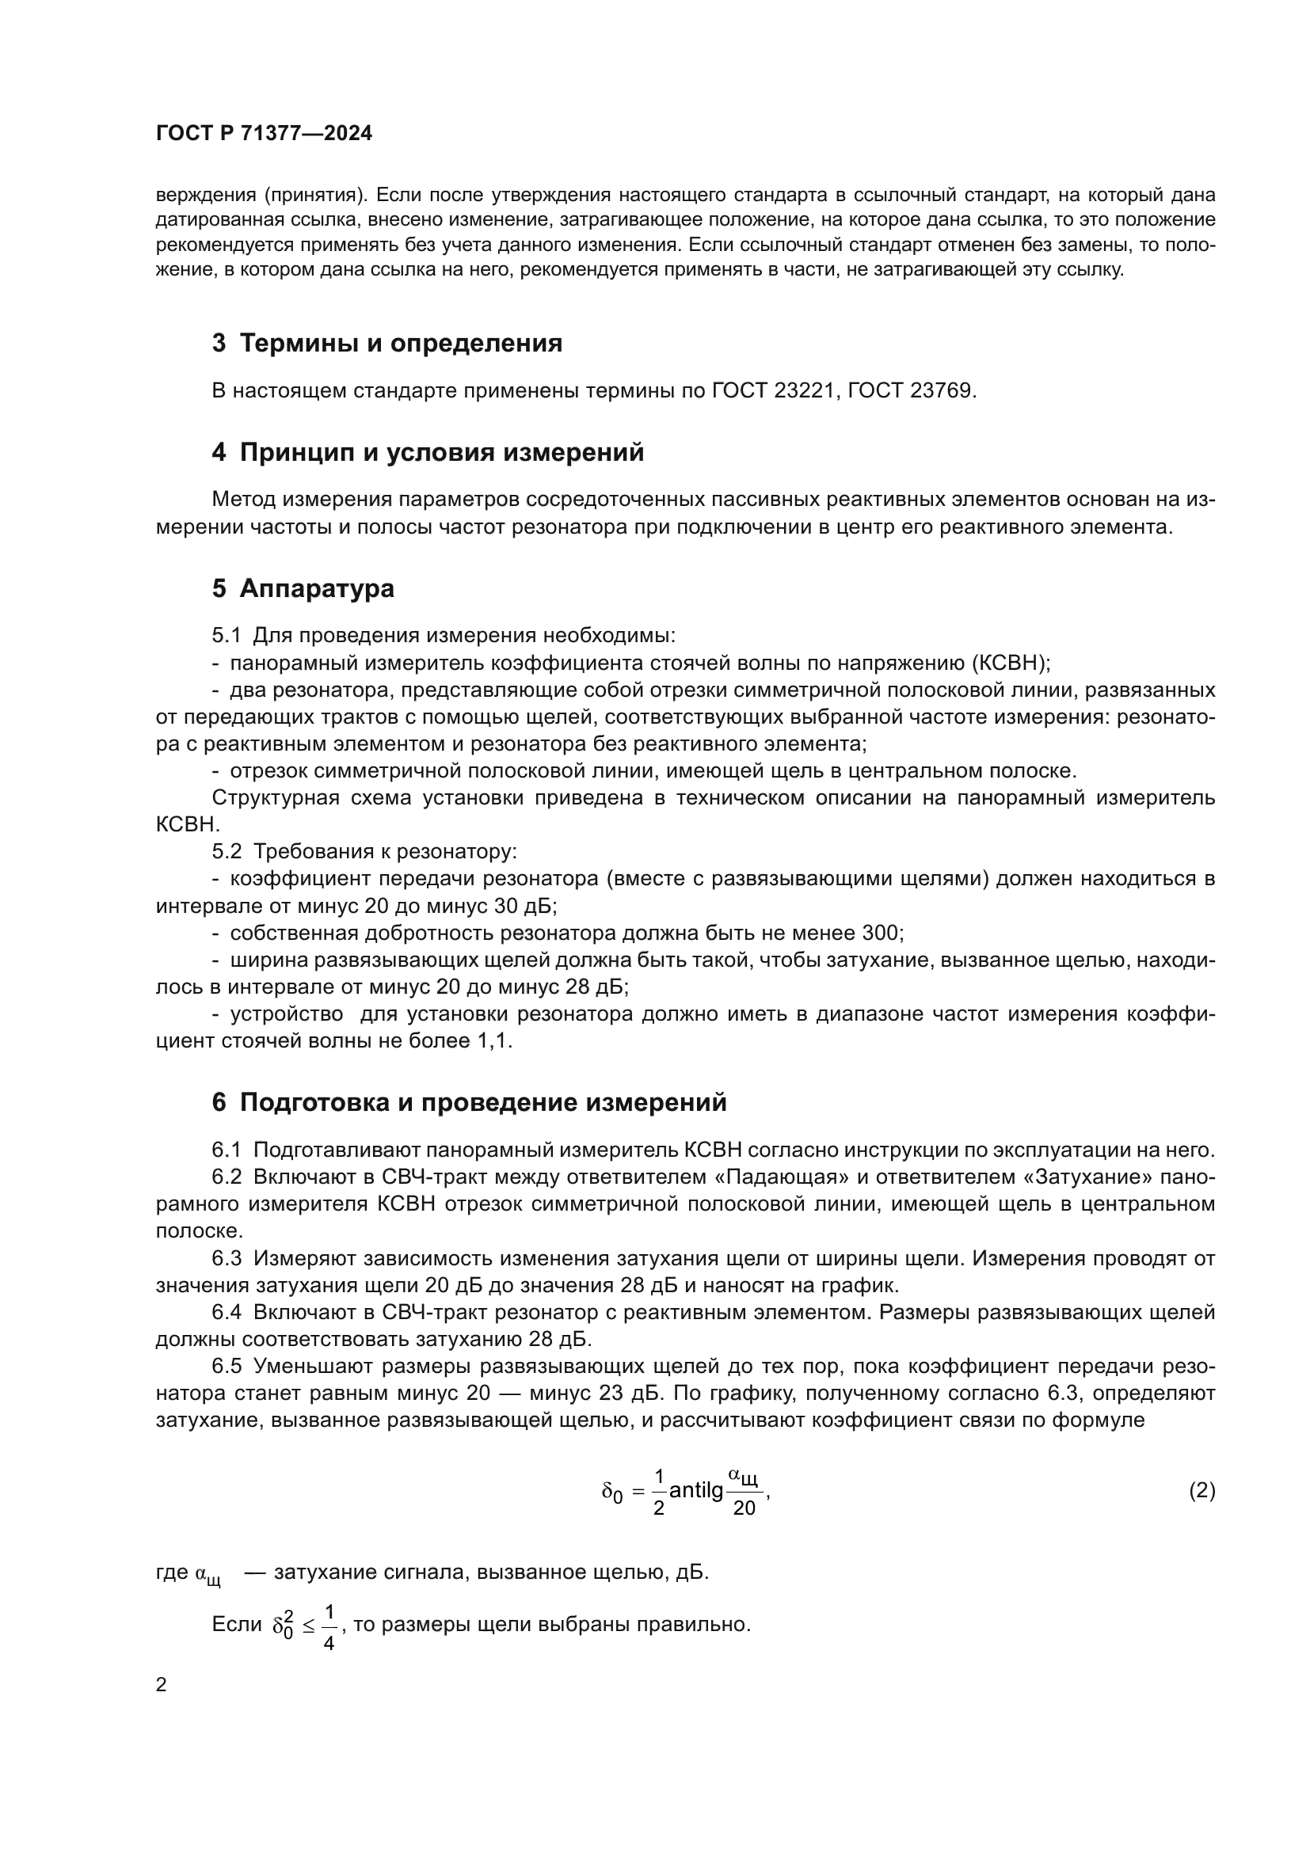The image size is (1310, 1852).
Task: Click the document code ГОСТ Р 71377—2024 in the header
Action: pos(264,134)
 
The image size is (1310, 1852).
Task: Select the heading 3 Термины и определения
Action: pos(387,344)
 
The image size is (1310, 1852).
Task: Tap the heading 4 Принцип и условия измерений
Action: pos(428,453)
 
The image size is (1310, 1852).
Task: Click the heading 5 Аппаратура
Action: pos(303,588)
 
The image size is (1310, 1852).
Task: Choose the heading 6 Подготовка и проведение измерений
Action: pos(469,1102)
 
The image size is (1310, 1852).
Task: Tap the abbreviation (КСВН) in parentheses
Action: pos(1011,663)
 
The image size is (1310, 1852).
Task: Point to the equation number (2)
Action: pos(1202,1490)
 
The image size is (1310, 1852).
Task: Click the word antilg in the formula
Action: pos(696,1491)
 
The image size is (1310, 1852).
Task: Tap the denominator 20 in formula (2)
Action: pos(744,1508)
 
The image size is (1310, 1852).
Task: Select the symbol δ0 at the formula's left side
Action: pos(612,1493)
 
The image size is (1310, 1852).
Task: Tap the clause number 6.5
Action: pos(227,1366)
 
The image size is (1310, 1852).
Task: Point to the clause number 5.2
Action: pos(227,852)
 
